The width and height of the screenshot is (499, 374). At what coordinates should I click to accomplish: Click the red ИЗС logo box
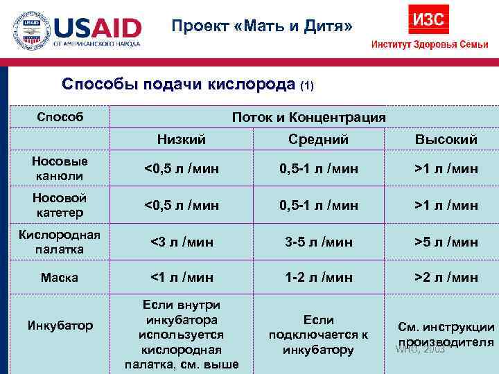[430, 19]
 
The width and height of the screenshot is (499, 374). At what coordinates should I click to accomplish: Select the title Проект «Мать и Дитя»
[263, 26]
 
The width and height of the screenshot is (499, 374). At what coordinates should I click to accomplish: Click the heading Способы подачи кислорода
[178, 84]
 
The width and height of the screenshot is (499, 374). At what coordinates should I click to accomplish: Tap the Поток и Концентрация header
[308, 117]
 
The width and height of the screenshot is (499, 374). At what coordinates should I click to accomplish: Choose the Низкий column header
[182, 139]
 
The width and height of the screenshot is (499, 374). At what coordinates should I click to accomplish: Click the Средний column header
[318, 139]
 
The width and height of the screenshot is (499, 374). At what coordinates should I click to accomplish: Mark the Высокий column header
[446, 139]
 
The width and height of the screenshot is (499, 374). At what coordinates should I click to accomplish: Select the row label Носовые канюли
[60, 168]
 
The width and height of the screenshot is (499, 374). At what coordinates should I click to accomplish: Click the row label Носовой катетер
[60, 204]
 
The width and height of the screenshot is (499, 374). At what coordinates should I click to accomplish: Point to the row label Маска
[60, 277]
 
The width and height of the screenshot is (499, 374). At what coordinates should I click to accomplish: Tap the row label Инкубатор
[60, 325]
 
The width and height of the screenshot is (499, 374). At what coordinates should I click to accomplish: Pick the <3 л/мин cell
[182, 242]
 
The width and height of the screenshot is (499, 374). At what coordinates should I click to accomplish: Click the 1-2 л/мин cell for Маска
[318, 277]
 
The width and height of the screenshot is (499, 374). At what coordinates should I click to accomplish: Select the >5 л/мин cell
[446, 242]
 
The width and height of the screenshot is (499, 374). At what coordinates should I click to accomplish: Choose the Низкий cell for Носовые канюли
[182, 168]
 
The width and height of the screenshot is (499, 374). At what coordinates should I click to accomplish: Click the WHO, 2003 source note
[420, 350]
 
